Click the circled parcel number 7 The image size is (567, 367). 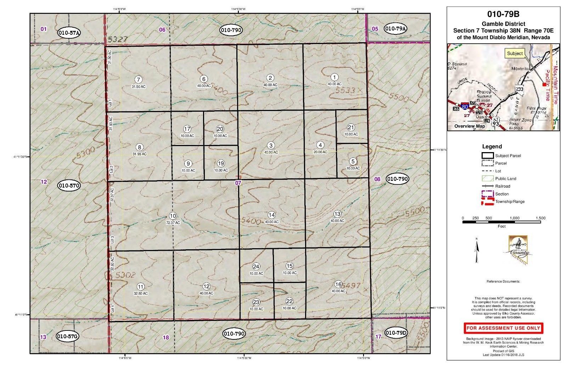click(x=138, y=79)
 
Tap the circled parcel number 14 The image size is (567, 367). click(x=271, y=215)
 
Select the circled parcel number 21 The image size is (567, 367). click(x=351, y=127)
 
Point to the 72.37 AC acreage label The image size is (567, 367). click(x=173, y=223)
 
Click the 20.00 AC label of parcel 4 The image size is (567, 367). click(x=320, y=152)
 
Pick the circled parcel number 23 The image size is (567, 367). click(x=256, y=302)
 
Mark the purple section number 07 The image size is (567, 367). click(x=238, y=183)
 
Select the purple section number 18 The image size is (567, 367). click(x=166, y=337)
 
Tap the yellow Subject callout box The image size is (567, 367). click(x=515, y=54)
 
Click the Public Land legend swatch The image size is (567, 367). click(x=488, y=178)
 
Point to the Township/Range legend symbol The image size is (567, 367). click(x=488, y=201)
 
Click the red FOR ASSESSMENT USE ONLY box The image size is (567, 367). click(x=503, y=328)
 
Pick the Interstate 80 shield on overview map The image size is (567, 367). click(x=465, y=105)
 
